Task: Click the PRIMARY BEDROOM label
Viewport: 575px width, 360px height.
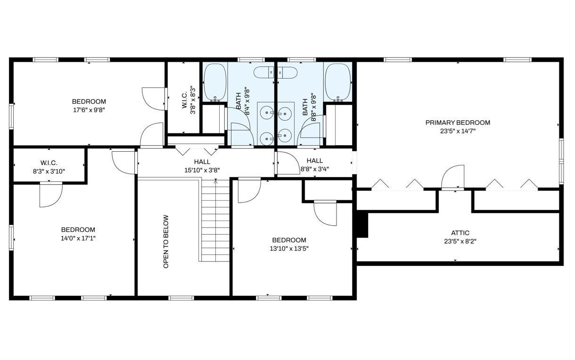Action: [x=458, y=123]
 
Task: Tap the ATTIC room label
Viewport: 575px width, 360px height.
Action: [x=460, y=233]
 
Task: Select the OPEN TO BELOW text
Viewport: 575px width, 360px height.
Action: [x=166, y=241]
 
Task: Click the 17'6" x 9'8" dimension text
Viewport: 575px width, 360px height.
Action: [x=89, y=110]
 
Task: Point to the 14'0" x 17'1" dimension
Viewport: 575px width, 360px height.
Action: [x=78, y=238]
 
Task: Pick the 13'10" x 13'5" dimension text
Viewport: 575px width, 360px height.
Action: [x=289, y=248]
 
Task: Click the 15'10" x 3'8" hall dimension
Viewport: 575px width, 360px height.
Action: [x=202, y=170]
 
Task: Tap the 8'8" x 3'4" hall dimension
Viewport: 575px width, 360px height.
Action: [x=315, y=169]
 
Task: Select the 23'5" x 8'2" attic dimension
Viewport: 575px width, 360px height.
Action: [x=460, y=241]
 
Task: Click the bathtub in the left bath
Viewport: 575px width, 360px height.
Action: [x=215, y=82]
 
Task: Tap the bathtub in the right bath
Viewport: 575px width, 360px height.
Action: [x=337, y=82]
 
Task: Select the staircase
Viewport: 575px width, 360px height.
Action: [x=215, y=221]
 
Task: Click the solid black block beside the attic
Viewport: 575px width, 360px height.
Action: [x=362, y=224]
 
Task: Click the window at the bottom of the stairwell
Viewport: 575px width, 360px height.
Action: [x=181, y=298]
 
